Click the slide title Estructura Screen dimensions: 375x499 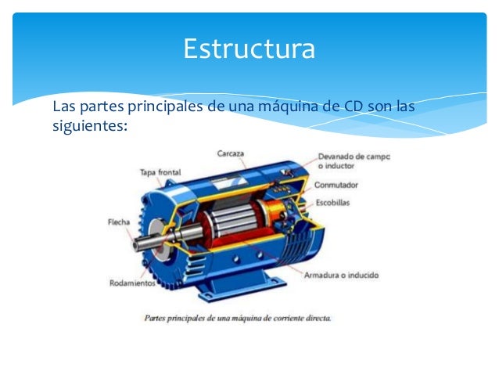click(x=249, y=49)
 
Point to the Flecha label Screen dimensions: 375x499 click(x=119, y=222)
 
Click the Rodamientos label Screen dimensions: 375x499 click(x=131, y=283)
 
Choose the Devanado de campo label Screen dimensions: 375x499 click(x=354, y=157)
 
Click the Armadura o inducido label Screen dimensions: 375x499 click(x=341, y=276)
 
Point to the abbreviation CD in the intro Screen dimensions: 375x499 click(x=355, y=106)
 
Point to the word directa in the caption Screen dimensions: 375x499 click(x=317, y=318)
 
